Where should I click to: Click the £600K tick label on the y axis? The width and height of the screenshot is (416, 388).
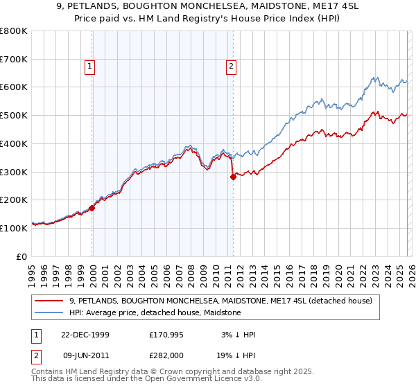(14, 87)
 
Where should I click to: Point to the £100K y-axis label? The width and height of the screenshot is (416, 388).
(14, 228)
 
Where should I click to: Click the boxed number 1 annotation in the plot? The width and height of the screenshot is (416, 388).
(90, 67)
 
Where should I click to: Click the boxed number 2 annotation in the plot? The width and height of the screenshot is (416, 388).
(230, 67)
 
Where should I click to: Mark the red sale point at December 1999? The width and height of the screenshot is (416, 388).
(92, 207)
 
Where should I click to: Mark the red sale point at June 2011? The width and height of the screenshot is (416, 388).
(233, 177)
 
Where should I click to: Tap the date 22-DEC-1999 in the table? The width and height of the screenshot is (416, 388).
(85, 335)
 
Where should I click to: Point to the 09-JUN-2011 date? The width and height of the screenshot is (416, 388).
(85, 355)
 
